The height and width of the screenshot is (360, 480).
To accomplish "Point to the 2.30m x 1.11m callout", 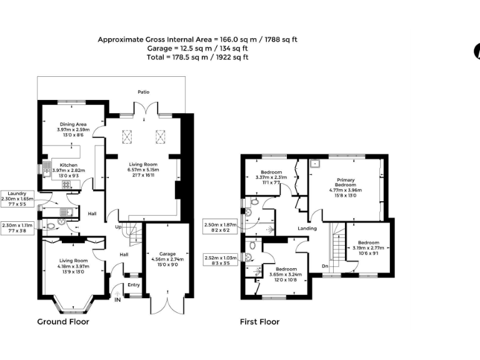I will [x=19, y=229].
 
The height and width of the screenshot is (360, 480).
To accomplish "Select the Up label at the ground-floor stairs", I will [x=118, y=227].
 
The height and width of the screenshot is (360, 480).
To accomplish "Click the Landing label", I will [x=307, y=228].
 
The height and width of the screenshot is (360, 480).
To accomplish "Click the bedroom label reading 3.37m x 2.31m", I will [x=272, y=177].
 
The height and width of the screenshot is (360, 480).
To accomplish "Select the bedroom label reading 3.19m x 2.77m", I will [x=369, y=248].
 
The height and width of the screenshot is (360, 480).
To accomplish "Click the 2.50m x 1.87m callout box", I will [x=221, y=226].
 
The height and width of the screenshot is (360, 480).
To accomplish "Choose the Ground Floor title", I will [x=62, y=322].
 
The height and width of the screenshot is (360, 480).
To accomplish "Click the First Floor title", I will [x=259, y=322].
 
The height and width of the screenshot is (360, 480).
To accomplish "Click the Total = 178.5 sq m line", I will [x=197, y=57].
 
